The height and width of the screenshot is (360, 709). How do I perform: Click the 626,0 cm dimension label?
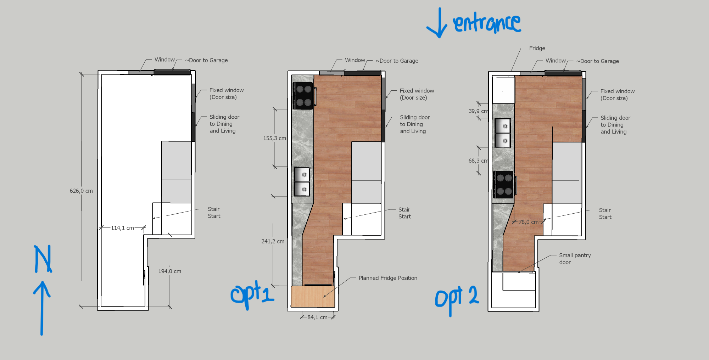(81, 191)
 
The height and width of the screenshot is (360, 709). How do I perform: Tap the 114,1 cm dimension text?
(122, 228)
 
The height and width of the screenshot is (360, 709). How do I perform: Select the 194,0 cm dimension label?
(170, 271)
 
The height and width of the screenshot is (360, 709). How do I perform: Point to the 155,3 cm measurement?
(275, 138)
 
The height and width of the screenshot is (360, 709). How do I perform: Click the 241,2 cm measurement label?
(273, 241)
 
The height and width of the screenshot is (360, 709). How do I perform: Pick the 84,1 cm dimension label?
(317, 317)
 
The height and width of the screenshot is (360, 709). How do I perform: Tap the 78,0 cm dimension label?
(529, 222)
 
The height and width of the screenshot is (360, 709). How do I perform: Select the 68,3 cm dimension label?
(478, 161)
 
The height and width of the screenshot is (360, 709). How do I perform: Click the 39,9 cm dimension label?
(478, 111)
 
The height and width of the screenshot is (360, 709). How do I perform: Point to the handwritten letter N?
(43, 259)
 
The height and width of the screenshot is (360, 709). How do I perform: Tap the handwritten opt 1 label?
(252, 295)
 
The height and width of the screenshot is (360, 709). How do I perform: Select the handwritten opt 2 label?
(457, 299)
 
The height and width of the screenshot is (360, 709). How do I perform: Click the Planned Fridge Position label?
(388, 278)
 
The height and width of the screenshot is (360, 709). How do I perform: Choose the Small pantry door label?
(575, 259)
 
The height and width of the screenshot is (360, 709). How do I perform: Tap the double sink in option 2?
(503, 133)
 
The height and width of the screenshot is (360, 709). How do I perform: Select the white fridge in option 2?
(504, 90)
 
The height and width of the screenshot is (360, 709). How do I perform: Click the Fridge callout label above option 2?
(537, 48)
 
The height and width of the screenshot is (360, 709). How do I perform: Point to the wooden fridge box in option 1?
(313, 297)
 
